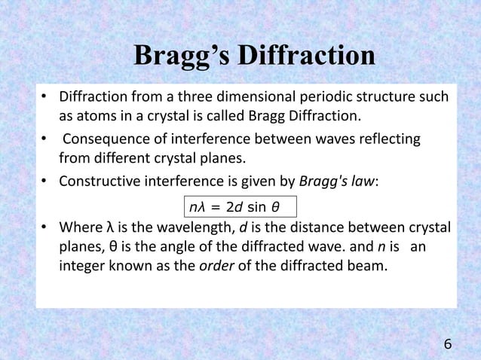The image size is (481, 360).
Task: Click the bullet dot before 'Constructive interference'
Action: point(45,181)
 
